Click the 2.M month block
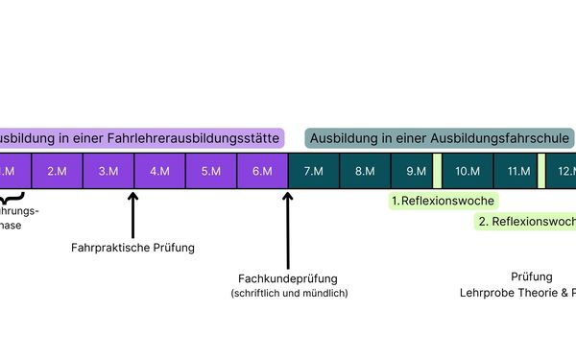pyautogui.click(x=57, y=171)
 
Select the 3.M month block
pyautogui.click(x=108, y=171)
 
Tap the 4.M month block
pyautogui.click(x=158, y=171)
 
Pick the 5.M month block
pyautogui.click(x=210, y=171)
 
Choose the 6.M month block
pyautogui.click(x=262, y=171)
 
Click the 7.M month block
pyautogui.click(x=313, y=171)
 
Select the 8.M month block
pyautogui.click(x=365, y=171)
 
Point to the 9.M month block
pyautogui.click(x=416, y=171)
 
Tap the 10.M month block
pyautogui.click(x=468, y=171)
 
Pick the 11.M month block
pyautogui.click(x=519, y=171)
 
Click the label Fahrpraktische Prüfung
pyautogui.click(x=132, y=248)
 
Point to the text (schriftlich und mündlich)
pyautogui.click(x=289, y=293)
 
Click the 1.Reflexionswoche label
pyautogui.click(x=443, y=202)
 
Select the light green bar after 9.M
pyautogui.click(x=438, y=171)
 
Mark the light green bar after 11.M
pyautogui.click(x=540, y=171)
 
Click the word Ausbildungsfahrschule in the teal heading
pyautogui.click(x=500, y=138)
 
